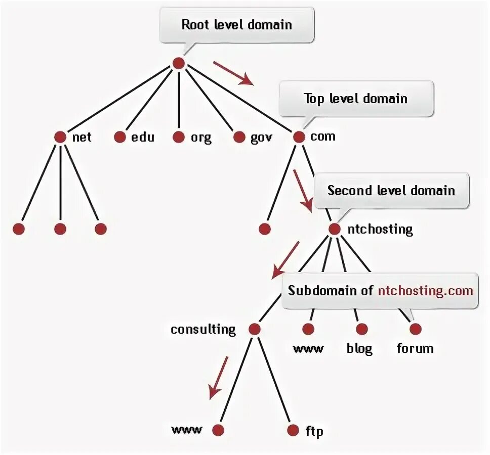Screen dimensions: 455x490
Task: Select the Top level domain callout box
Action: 355,98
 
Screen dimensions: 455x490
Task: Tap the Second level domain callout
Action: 391,191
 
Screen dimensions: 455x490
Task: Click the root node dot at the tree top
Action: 178,63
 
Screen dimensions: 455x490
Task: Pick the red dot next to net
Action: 60,137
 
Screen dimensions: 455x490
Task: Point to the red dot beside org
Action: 178,137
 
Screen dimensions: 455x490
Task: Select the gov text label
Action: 261,138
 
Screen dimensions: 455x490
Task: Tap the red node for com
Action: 299,137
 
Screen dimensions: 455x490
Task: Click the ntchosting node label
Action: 380,229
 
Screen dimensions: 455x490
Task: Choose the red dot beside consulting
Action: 255,330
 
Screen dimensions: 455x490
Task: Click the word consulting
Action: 203,330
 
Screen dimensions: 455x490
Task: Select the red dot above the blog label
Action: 361,330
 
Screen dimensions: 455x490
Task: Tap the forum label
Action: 415,348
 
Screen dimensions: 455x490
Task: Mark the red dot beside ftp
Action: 293,431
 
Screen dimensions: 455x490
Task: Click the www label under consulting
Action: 187,430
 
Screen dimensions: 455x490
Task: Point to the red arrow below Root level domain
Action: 233,73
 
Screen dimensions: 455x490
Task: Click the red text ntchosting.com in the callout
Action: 425,291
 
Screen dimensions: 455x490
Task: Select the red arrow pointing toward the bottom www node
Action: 219,377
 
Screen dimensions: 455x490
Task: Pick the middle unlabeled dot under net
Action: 60,229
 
